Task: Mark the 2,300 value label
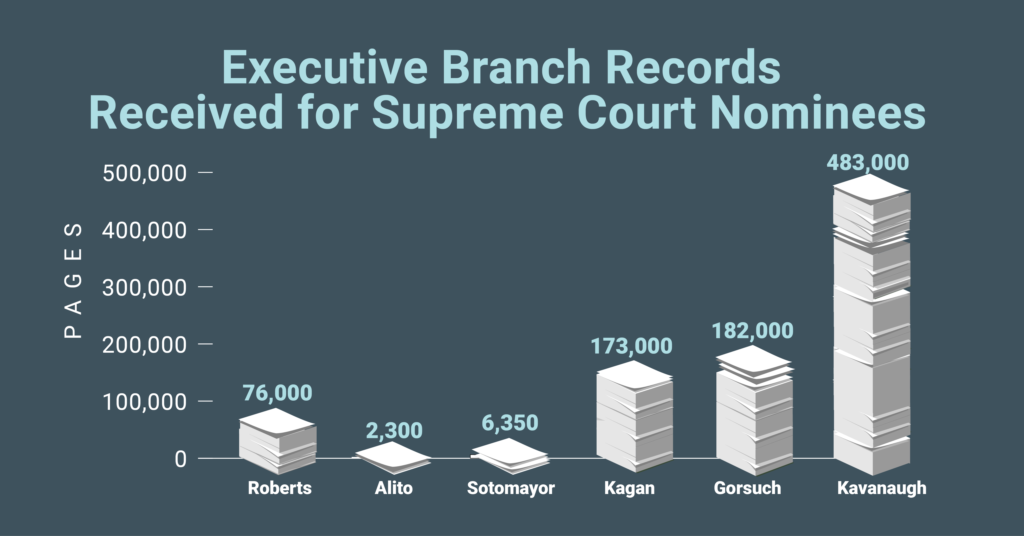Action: click(394, 431)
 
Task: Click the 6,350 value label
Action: click(510, 423)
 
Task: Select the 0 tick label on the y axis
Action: click(180, 459)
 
